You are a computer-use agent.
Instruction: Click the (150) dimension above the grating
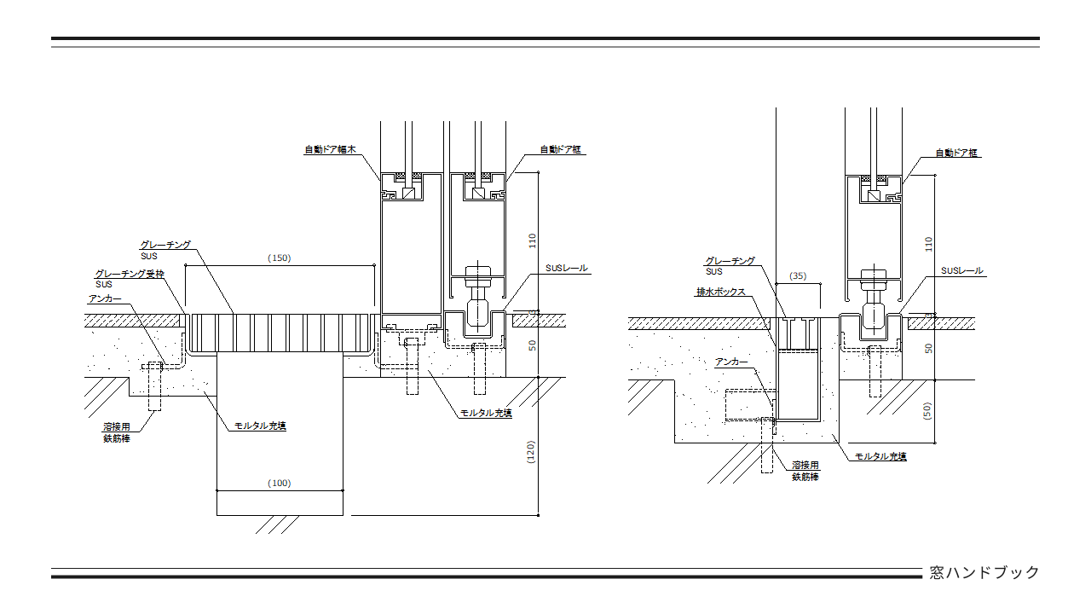(279, 258)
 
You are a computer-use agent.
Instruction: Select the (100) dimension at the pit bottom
(279, 484)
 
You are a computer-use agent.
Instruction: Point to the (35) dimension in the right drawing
(798, 276)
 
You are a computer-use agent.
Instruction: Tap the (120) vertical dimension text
(530, 451)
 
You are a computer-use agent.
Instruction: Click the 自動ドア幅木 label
(330, 150)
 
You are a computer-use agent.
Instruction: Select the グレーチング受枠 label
(129, 274)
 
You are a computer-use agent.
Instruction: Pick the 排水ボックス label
(720, 292)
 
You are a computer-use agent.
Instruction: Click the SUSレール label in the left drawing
(567, 268)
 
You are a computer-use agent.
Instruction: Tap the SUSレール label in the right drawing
(961, 271)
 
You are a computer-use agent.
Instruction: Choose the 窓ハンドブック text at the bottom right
(984, 572)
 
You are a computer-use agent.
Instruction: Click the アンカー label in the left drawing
(105, 299)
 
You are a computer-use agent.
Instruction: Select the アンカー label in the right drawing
(731, 362)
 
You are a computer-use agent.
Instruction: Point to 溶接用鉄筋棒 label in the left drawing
(117, 432)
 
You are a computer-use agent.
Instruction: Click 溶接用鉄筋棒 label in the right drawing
(805, 471)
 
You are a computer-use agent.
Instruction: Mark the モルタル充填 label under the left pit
(260, 426)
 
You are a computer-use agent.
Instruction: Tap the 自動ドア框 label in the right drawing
(956, 153)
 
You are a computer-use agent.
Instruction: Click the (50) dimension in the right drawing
(928, 411)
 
